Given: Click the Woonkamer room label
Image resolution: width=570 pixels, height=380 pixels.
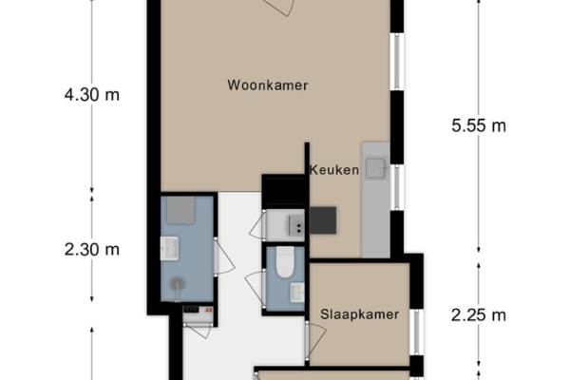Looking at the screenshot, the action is [x=268, y=85].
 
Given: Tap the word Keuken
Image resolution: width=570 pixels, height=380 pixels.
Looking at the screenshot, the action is [x=334, y=170].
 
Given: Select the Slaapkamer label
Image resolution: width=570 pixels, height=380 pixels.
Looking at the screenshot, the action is [x=359, y=314].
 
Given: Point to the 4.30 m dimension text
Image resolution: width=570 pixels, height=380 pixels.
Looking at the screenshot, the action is [x=92, y=95].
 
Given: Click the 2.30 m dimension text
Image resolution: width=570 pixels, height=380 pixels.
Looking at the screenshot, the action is [x=92, y=250].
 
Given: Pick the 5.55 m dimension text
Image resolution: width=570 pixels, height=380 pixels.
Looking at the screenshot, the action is [x=479, y=125].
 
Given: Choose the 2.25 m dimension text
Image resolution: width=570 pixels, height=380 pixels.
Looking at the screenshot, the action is [x=479, y=314].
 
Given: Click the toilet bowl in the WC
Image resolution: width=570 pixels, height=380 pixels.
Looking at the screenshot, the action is [x=285, y=262].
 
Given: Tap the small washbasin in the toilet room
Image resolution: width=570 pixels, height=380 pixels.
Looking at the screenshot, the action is [x=297, y=293].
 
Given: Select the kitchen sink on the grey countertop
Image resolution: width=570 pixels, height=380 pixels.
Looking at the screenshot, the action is [x=376, y=168].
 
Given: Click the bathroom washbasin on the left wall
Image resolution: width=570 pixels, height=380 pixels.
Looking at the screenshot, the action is [x=169, y=248].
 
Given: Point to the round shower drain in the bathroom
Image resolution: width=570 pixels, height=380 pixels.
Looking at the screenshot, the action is [x=178, y=284].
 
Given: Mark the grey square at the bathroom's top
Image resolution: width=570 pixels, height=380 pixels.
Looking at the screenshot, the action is [x=180, y=210].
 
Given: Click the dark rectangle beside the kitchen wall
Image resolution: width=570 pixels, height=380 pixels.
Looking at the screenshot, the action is [x=323, y=220].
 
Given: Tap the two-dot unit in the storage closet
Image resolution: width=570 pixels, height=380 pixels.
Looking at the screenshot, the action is [x=296, y=225].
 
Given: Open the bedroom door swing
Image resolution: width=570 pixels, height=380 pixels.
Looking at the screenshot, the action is [x=315, y=340].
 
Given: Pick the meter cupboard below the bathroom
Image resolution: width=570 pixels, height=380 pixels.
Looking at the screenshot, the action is [x=199, y=314].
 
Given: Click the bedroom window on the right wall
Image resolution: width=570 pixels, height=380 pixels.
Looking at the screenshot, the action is [x=417, y=332].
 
